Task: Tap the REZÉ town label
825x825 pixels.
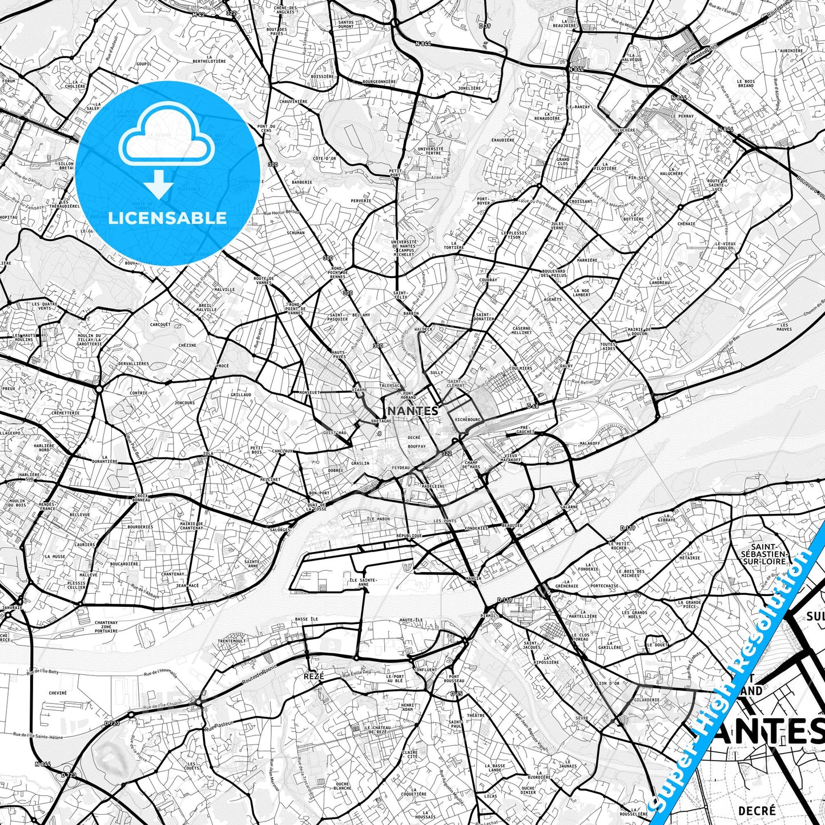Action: (313, 676)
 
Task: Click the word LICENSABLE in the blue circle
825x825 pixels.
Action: (167, 218)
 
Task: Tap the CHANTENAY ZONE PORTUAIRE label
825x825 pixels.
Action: (106, 627)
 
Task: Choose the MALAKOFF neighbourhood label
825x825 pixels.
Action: (590, 443)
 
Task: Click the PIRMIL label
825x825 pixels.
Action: (489, 616)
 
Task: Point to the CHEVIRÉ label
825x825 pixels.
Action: (58, 693)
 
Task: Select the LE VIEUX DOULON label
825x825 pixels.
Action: (725, 246)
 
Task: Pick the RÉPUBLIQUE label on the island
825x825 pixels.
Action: (409, 536)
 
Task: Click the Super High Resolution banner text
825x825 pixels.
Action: (737, 679)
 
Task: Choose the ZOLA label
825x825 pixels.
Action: (208, 453)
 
